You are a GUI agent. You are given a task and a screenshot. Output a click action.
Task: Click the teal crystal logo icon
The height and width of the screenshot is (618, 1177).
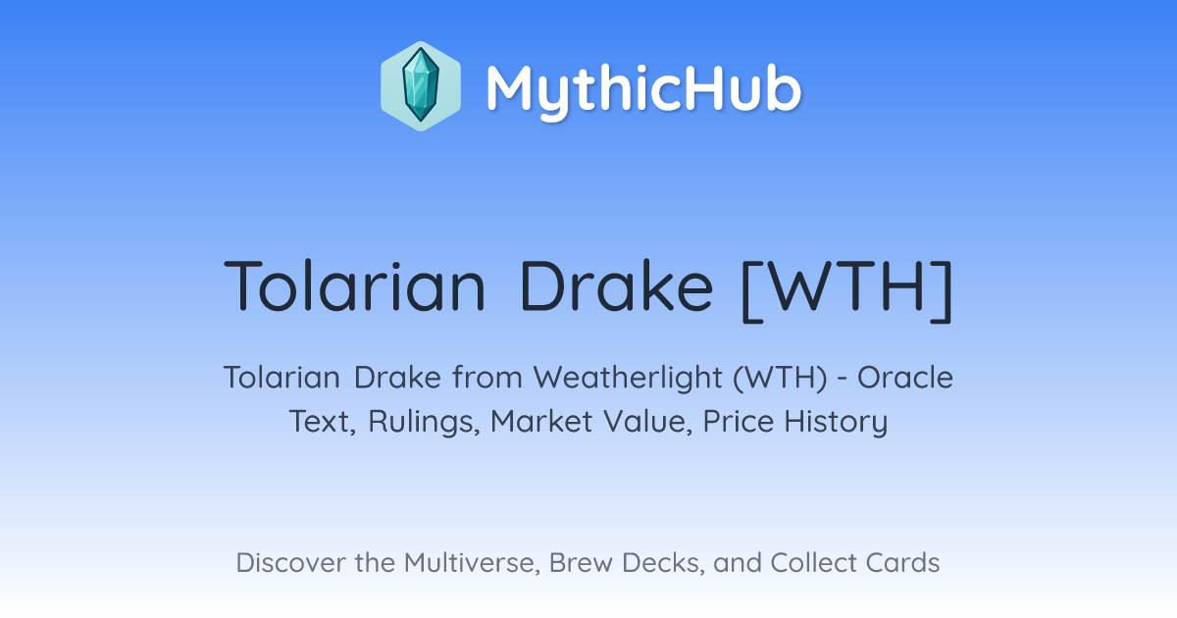(x=421, y=86)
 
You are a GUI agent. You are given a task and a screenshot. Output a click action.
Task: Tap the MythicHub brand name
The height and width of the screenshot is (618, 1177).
(x=643, y=90)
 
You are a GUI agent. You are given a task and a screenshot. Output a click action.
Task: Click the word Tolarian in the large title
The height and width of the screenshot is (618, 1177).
(x=355, y=285)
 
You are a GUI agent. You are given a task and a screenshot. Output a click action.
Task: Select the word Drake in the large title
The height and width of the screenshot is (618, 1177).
(x=616, y=285)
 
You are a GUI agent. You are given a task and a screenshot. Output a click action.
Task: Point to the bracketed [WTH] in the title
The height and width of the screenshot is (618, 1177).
(x=846, y=290)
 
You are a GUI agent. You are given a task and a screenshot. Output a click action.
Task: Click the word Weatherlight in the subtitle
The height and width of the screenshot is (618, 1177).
(x=628, y=379)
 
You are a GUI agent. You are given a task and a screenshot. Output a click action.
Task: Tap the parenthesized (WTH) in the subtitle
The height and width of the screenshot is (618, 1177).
(x=781, y=378)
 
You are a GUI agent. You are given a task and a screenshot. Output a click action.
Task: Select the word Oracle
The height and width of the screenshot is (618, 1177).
(x=904, y=378)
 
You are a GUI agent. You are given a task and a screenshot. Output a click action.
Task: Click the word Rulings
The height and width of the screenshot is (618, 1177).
(x=424, y=422)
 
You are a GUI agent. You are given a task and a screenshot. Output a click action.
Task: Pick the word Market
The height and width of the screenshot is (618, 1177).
(x=541, y=421)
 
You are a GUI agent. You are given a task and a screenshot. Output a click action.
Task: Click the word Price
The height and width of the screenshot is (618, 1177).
(x=739, y=421)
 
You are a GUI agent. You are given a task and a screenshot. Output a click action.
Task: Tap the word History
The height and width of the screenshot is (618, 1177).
(x=836, y=422)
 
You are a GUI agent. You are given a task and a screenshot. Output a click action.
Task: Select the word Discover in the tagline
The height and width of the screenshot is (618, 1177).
(x=289, y=562)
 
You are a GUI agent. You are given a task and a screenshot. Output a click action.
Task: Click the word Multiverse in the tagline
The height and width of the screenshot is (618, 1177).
(x=472, y=563)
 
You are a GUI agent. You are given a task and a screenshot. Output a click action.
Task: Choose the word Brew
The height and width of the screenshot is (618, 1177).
(x=581, y=562)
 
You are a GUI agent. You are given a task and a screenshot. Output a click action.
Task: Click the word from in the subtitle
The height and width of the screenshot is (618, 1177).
(x=487, y=378)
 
